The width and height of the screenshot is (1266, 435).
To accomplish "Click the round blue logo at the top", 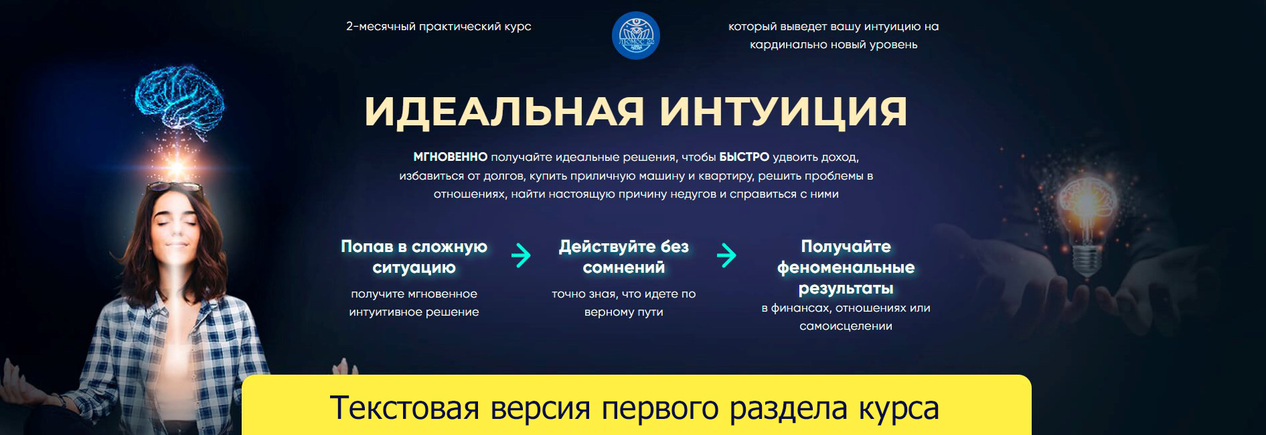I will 635,35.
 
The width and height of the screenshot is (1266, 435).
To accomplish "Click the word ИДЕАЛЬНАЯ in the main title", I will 503,111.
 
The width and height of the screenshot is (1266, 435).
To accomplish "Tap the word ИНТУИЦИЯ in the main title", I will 783,111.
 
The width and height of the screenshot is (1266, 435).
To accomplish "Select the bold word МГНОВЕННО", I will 450,157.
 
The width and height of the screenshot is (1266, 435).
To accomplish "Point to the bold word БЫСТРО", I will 744,157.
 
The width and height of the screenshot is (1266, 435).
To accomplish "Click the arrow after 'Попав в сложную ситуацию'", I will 521,255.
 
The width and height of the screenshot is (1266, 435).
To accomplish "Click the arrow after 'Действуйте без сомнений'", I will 726,255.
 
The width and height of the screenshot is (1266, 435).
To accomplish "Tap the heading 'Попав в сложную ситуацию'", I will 414,257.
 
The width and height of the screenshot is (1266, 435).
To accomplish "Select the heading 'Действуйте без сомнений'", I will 623,257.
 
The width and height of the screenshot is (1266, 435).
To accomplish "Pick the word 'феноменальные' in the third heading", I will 846,267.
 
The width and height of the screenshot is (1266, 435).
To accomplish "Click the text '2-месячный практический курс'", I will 439,27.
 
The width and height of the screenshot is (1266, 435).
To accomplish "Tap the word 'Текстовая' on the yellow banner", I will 404,408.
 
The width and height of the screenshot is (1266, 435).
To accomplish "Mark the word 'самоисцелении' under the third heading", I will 846,326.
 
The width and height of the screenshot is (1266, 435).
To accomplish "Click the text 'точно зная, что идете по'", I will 623,294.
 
